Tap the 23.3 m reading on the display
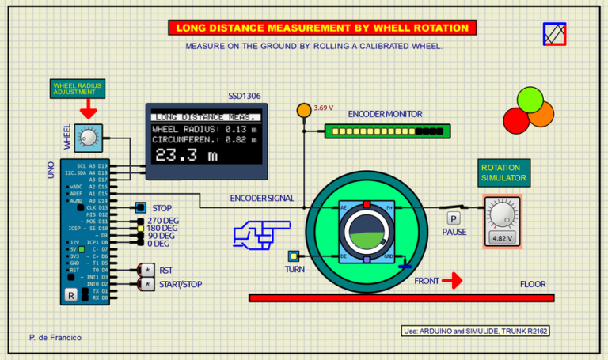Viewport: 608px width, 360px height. coord(185,155)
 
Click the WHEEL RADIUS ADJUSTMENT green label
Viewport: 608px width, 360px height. coord(78,88)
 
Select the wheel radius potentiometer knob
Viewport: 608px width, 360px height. coord(89,138)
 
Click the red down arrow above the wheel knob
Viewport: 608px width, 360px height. coord(88,108)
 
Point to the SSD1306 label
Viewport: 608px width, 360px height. coord(245,96)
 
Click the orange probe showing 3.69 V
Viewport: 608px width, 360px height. coord(303,109)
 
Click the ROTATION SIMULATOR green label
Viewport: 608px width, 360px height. coord(504,172)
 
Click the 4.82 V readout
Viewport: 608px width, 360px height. coord(502,237)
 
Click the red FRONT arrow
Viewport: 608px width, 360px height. coord(452,280)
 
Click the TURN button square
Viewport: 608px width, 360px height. coord(294,256)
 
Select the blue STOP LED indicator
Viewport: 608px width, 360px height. coord(139,207)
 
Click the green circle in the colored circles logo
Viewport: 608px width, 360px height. coord(530,100)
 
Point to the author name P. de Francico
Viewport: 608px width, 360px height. coord(55,337)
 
